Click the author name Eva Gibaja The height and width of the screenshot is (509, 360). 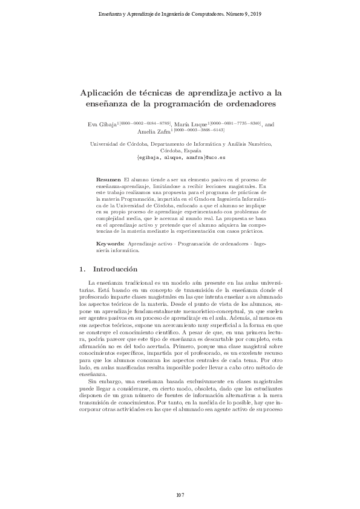point(102,124)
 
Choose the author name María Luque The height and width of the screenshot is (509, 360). point(189,124)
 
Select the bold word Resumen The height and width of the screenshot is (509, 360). point(109,181)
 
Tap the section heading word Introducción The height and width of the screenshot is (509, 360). point(117,268)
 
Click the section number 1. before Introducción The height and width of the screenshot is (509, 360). point(83,268)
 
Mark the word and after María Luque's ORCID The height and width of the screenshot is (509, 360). point(269,124)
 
